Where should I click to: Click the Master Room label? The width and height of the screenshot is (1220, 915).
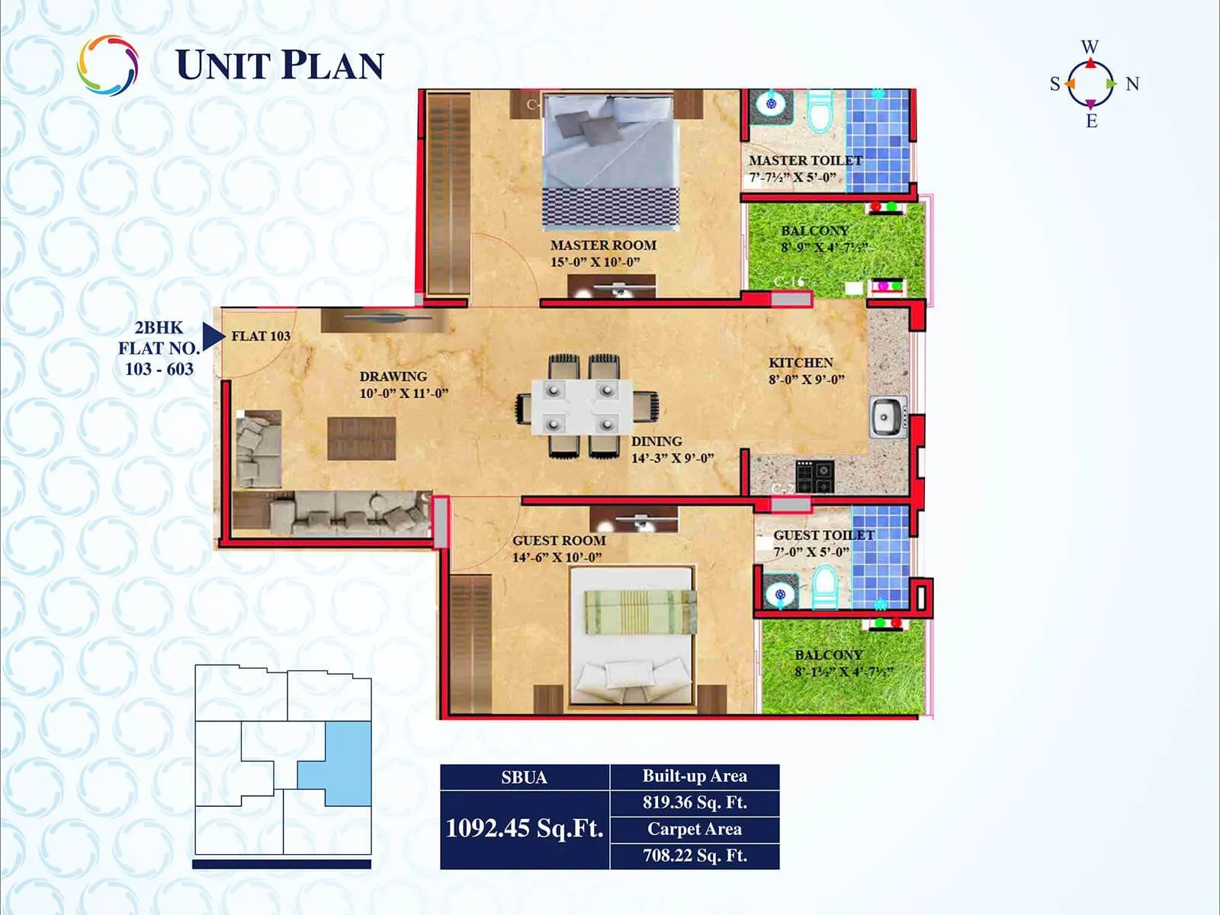click(x=603, y=246)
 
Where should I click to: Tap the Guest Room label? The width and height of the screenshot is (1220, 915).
click(x=559, y=541)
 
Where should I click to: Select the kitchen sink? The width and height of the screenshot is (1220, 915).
click(x=887, y=417)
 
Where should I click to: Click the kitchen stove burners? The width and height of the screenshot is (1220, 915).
click(x=814, y=477)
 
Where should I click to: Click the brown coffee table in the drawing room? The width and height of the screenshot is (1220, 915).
click(x=361, y=438)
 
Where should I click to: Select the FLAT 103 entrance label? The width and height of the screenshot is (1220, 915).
click(x=261, y=336)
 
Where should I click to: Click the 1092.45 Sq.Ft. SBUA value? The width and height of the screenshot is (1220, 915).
click(x=525, y=828)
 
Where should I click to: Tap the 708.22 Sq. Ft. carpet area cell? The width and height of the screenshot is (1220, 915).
click(x=695, y=856)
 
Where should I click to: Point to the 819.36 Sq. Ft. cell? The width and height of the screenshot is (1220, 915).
click(x=695, y=802)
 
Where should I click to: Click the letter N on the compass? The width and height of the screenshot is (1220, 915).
click(x=1132, y=84)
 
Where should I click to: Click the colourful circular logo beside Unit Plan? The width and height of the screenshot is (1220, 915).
click(x=108, y=66)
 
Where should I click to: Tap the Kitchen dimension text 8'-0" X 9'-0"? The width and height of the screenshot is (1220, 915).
click(x=806, y=380)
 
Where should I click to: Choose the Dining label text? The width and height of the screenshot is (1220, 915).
click(x=657, y=441)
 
